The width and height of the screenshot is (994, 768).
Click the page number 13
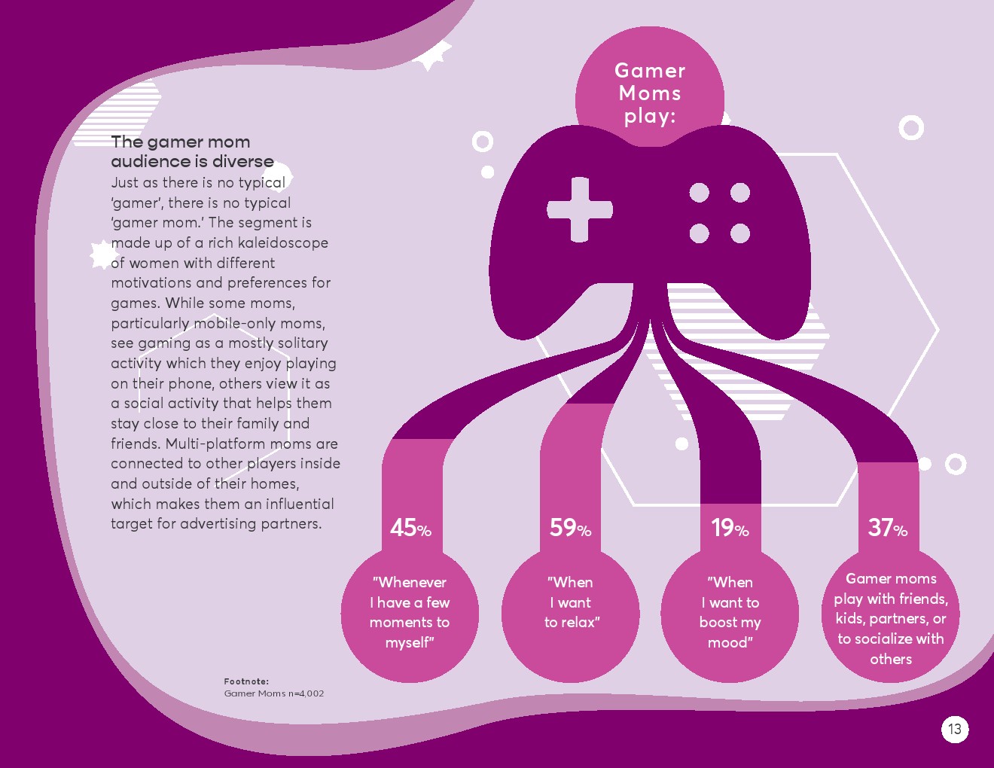955,729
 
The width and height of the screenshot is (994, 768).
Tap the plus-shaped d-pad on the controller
580,209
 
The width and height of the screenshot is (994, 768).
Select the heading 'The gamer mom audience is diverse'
192,151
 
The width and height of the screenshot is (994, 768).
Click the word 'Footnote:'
246,681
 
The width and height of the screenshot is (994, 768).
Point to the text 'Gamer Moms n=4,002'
273,693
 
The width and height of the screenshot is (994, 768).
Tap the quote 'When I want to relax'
572,602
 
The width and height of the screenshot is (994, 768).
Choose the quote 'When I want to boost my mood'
730,612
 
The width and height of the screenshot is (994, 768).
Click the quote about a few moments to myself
410,612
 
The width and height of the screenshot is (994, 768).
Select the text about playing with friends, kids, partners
891,618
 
